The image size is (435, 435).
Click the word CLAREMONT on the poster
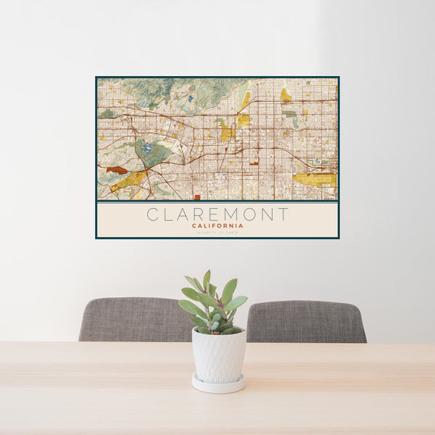click(x=217, y=215)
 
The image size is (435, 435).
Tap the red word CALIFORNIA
click(x=217, y=225)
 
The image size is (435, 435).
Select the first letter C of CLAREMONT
click(x=152, y=215)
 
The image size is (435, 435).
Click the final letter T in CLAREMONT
click(x=283, y=215)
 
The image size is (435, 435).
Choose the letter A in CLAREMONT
click(x=184, y=215)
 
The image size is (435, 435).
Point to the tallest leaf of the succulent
click(x=207, y=279)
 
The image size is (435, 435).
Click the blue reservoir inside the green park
click(x=147, y=149)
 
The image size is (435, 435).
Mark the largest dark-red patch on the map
click(x=116, y=170)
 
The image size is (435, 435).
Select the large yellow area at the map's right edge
click(x=315, y=178)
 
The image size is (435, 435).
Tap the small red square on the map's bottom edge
click(x=196, y=196)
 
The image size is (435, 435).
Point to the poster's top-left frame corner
click(x=96, y=78)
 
